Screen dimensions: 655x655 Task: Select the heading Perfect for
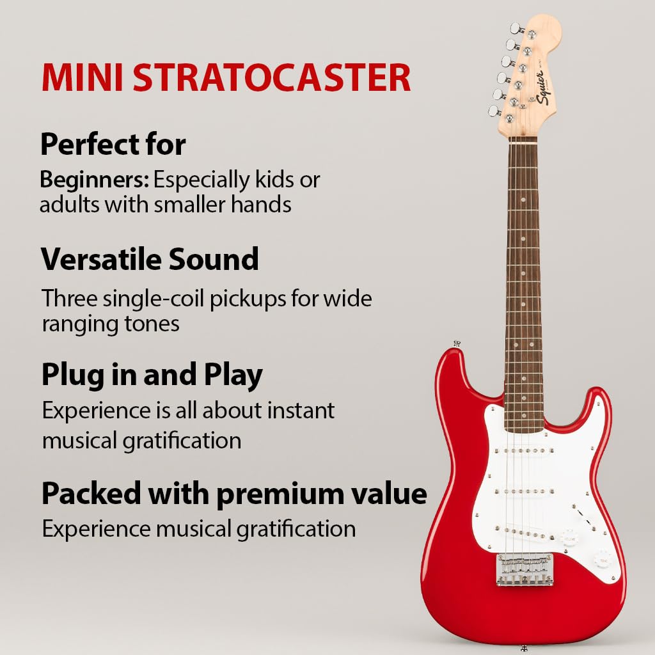(x=113, y=145)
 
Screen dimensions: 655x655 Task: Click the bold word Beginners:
(x=95, y=180)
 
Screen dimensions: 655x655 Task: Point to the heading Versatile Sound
(x=150, y=260)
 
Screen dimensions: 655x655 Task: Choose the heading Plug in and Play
(x=152, y=375)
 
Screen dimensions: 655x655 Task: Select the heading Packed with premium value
(x=234, y=493)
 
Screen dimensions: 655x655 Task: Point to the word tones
(x=152, y=324)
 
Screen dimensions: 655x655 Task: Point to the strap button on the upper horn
(x=457, y=343)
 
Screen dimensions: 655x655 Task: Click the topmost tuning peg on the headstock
(x=515, y=28)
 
